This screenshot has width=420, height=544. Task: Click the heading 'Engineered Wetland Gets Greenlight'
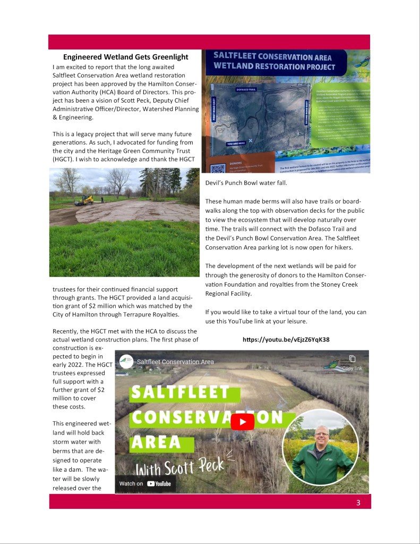125,57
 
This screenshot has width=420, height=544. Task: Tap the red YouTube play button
242,423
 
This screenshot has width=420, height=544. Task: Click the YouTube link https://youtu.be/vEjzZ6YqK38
286,339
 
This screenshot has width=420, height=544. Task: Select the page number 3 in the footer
358,502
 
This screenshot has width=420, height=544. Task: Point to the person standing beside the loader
101,200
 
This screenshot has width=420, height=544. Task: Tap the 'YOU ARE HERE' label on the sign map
235,144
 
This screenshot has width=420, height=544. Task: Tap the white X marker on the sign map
250,140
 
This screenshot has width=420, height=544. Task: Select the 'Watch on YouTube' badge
145,483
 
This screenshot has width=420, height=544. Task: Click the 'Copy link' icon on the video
352,359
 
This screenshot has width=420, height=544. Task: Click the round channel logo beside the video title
126,361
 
